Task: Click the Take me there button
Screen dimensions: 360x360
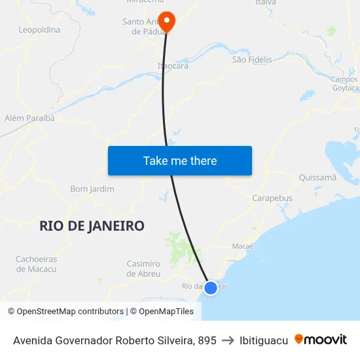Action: [180, 161]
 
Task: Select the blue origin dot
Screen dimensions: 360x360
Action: [211, 287]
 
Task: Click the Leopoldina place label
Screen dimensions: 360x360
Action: [39, 29]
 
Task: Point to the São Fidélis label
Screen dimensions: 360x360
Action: [252, 60]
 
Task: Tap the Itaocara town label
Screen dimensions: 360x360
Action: [173, 66]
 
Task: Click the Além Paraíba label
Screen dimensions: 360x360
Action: [29, 118]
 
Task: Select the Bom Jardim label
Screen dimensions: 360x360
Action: [92, 189]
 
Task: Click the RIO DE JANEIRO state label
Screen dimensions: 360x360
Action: [92, 226]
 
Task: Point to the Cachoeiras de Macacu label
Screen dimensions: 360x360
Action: [36, 264]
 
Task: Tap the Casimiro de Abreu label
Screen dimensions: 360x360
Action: [143, 268]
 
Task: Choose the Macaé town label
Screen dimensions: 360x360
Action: [243, 246]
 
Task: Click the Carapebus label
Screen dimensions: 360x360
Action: [272, 198]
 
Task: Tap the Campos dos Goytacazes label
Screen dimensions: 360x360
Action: [345, 84]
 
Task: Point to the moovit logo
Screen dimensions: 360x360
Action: [321, 340]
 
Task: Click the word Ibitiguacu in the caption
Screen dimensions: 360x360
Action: [264, 340]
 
